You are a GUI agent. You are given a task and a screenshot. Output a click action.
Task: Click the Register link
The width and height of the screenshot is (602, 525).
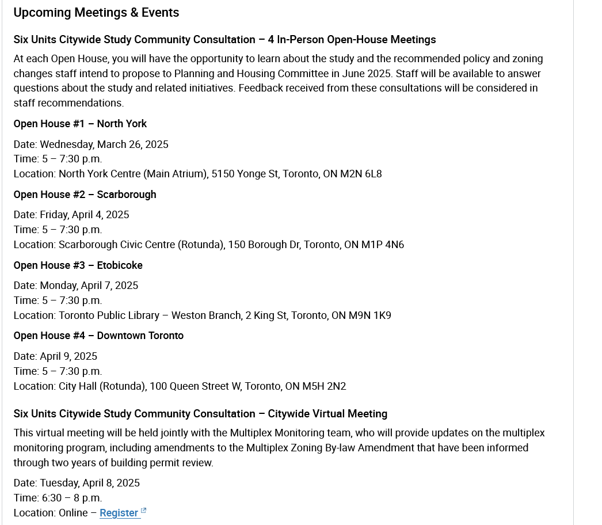pyautogui.click(x=119, y=513)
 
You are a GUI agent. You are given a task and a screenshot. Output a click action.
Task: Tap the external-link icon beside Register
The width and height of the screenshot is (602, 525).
pyautogui.click(x=144, y=511)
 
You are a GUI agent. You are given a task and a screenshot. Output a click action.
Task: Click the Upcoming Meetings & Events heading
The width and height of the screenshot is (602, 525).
pyautogui.click(x=96, y=13)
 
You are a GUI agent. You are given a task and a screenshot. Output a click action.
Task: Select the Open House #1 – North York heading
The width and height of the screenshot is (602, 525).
pyautogui.click(x=80, y=124)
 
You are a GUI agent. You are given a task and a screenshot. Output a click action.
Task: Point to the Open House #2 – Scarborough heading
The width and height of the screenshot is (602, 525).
pyautogui.click(x=85, y=195)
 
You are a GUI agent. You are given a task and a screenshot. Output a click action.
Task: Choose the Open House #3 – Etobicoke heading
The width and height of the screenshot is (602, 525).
pyautogui.click(x=78, y=265)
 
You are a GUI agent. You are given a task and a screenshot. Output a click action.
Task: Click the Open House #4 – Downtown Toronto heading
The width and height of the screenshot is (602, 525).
pyautogui.click(x=98, y=336)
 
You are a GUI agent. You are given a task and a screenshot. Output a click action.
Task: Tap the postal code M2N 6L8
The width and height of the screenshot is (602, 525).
pyautogui.click(x=360, y=174)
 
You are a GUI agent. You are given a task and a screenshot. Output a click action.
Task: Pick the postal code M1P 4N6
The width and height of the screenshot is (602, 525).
pyautogui.click(x=382, y=245)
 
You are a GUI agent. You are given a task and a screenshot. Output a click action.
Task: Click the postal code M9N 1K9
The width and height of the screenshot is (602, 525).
pyautogui.click(x=369, y=315)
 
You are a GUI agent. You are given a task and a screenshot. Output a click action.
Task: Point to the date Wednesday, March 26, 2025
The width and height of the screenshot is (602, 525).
pyautogui.click(x=104, y=144)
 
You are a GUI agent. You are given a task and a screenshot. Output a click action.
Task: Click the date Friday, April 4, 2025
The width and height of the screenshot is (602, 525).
pyautogui.click(x=85, y=215)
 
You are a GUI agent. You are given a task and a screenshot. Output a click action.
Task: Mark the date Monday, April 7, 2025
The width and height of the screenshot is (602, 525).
pyautogui.click(x=89, y=286)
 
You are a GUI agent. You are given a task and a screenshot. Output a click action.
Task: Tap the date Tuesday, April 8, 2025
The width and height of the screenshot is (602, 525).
pyautogui.click(x=90, y=483)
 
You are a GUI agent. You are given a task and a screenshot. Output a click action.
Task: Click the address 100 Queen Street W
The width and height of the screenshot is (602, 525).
pyautogui.click(x=196, y=386)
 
